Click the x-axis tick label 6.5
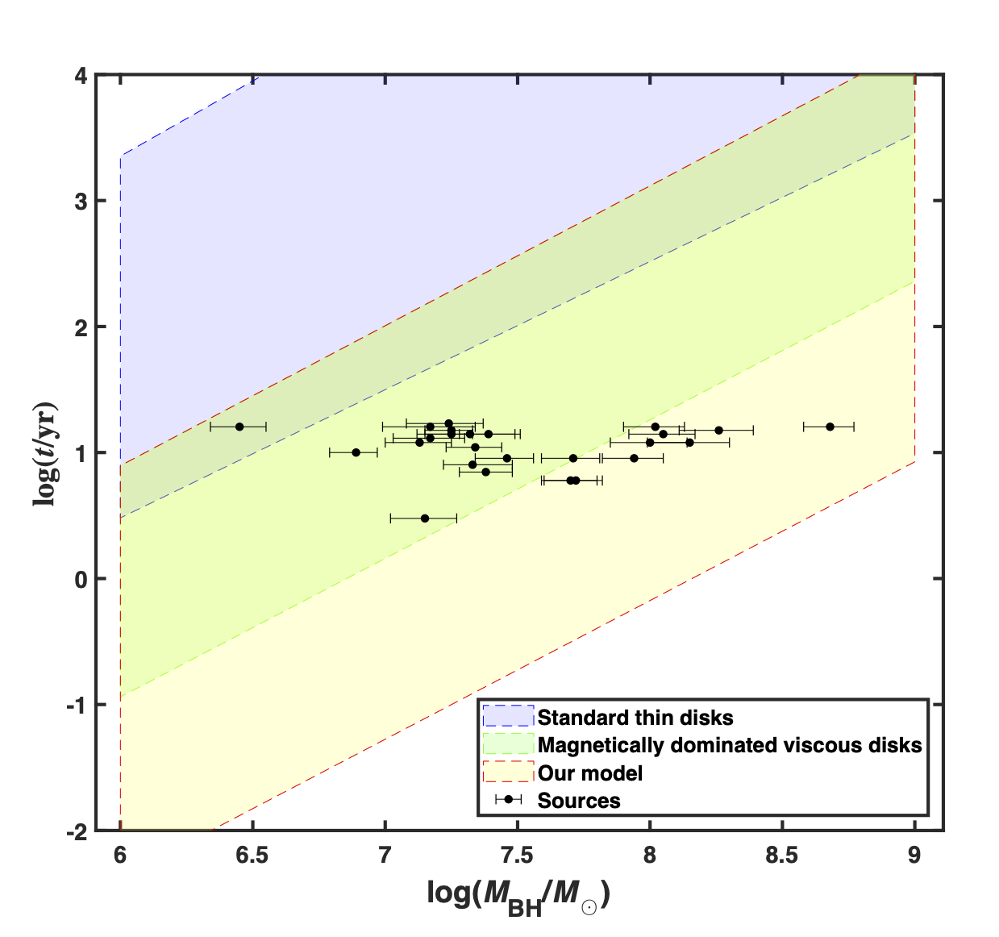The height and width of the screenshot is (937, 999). tap(252, 855)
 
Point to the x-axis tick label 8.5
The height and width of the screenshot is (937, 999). tap(781, 855)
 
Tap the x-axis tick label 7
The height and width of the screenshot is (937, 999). tap(385, 855)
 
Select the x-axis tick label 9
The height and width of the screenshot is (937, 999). tap(914, 855)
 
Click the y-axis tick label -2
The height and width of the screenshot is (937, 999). tap(77, 831)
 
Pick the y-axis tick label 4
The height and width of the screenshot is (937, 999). tap(81, 75)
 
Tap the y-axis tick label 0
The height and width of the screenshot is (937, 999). tap(81, 579)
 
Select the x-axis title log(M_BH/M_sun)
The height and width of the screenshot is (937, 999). tap(518, 896)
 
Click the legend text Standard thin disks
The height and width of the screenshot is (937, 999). tap(635, 718)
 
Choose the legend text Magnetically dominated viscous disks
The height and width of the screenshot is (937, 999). tap(730, 745)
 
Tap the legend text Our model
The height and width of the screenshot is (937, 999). tap(590, 773)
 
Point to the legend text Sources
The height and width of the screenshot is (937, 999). tap(579, 801)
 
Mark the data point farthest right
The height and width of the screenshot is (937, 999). tap(830, 427)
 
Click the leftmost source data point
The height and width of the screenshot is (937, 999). tap(239, 427)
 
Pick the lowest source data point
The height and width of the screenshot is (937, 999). tap(425, 518)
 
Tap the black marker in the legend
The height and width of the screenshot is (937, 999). tap(509, 800)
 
